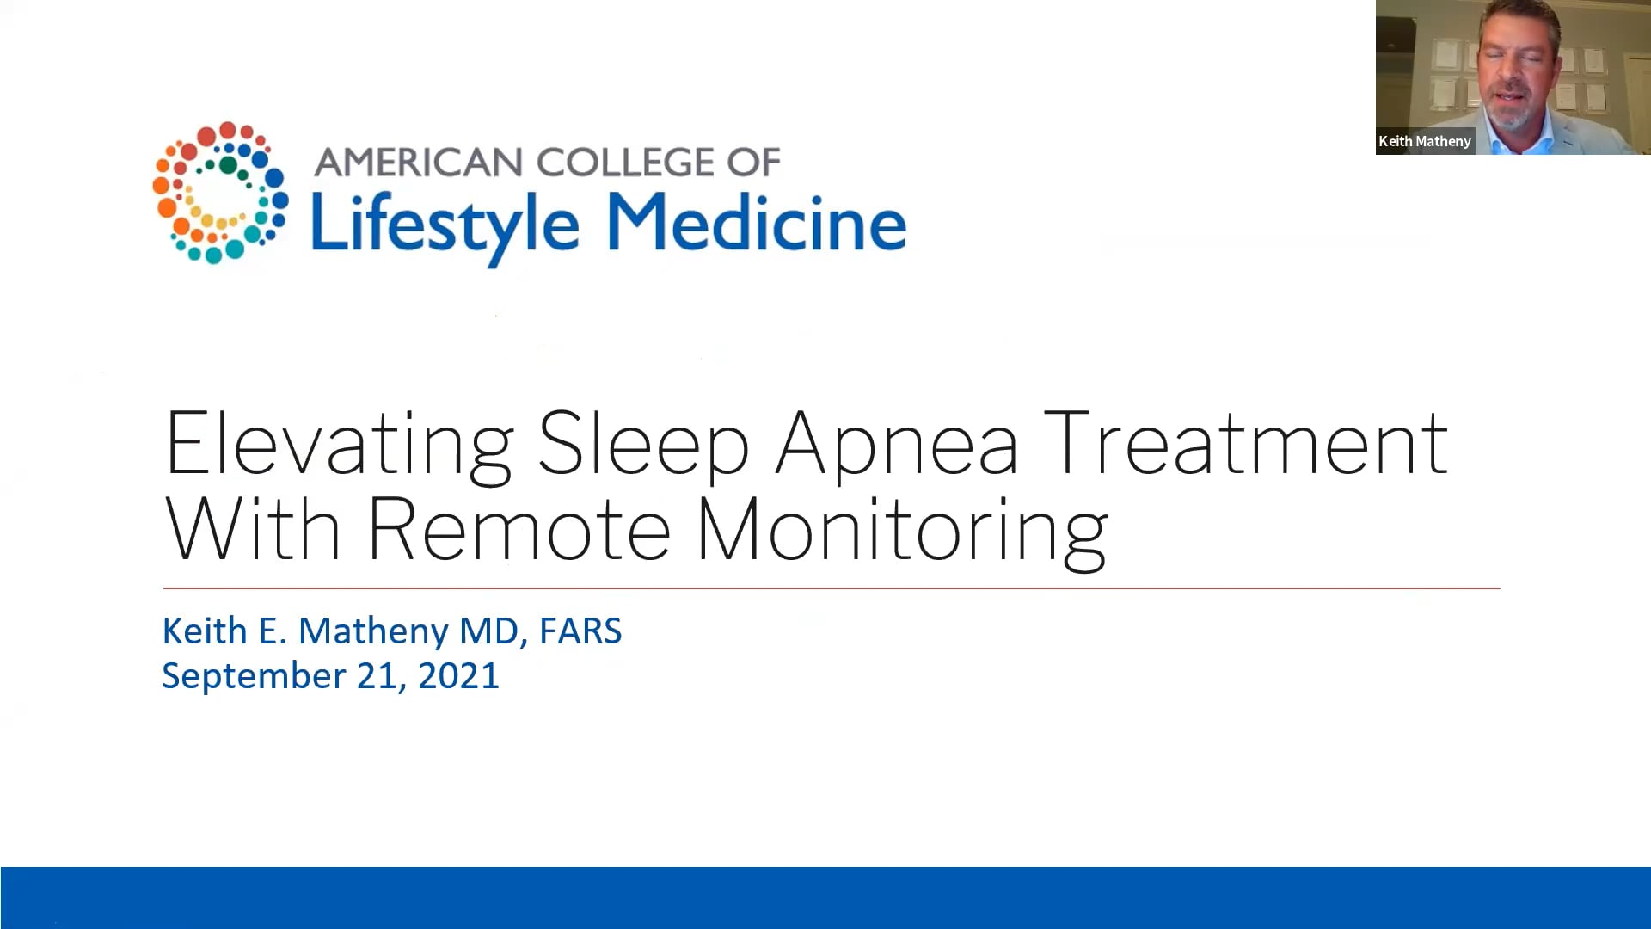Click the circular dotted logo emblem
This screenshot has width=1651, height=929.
pos(219,193)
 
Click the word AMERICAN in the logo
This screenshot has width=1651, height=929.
pos(419,163)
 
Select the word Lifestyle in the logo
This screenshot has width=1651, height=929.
pos(445,224)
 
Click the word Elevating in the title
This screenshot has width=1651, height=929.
pos(339,446)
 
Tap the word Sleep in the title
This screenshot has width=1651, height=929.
pos(643,446)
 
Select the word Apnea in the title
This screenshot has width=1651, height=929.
pos(896,446)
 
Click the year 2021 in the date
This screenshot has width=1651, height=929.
pos(458,676)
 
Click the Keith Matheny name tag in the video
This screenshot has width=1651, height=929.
pos(1425,141)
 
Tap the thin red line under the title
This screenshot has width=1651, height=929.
pos(831,588)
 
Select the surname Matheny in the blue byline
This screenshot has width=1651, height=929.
pos(373,631)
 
